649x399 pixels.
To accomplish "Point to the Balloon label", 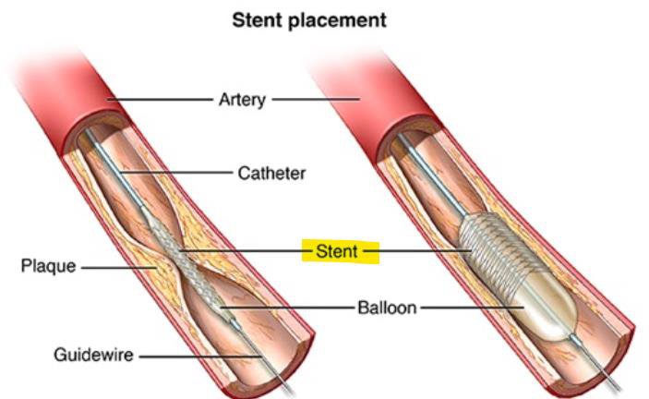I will [387, 307].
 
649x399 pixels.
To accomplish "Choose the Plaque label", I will [48, 267].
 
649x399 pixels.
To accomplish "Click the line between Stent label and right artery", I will [420, 249].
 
